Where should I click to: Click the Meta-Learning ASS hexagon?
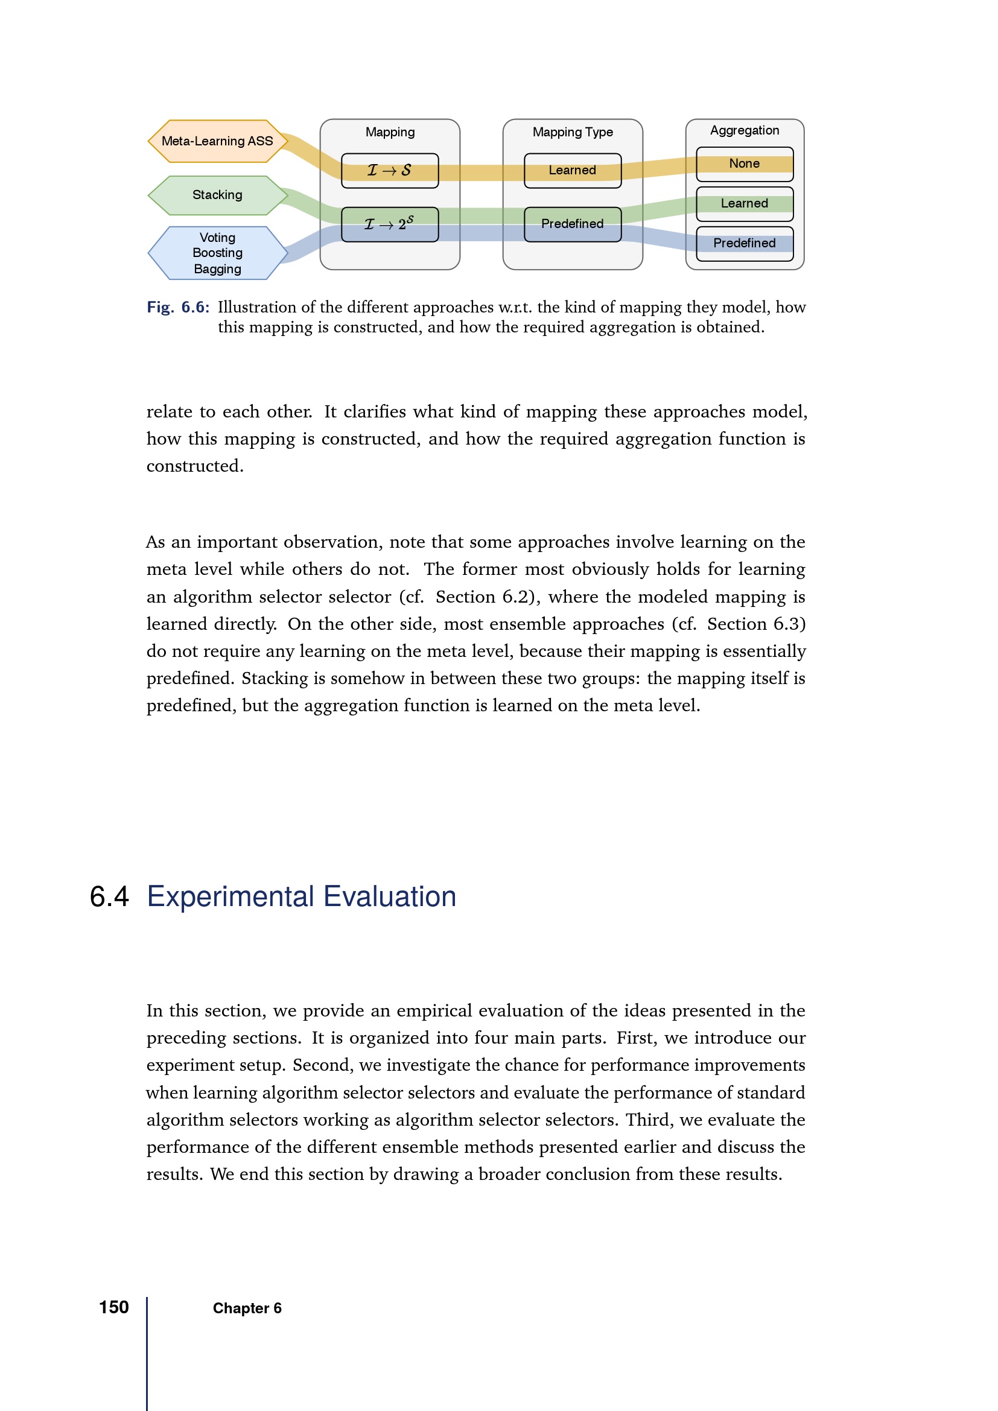click(218, 141)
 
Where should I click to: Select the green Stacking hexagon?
click(218, 195)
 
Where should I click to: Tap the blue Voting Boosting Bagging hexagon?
click(218, 253)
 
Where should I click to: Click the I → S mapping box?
click(390, 171)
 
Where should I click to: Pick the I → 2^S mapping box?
click(390, 224)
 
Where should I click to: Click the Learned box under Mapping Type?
click(572, 171)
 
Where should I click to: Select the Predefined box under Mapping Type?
click(572, 224)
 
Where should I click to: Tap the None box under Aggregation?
click(744, 164)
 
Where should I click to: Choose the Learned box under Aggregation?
click(744, 204)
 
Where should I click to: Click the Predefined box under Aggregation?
click(744, 243)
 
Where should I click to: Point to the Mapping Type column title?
click(573, 132)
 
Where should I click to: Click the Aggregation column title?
click(744, 130)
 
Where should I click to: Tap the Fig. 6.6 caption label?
click(177, 307)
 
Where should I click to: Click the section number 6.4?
click(109, 896)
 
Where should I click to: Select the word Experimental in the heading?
click(230, 896)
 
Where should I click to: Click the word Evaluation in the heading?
click(390, 896)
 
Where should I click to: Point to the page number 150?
click(113, 1307)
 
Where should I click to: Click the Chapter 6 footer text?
click(247, 1308)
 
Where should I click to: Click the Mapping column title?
click(390, 132)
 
